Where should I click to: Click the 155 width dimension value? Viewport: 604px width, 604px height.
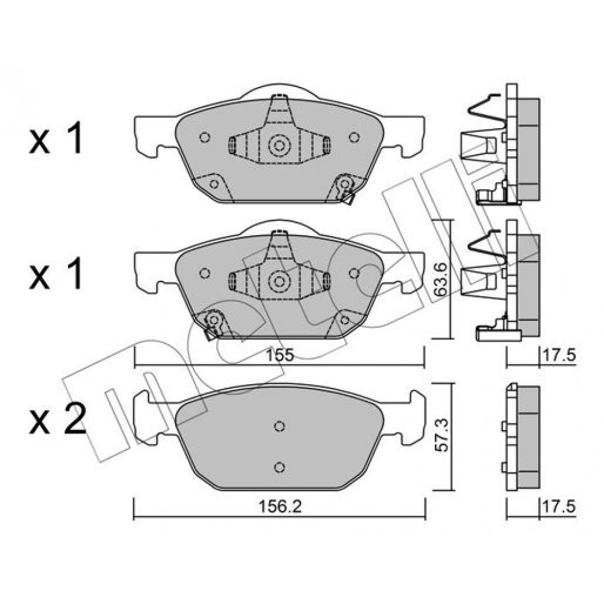pos(280,355)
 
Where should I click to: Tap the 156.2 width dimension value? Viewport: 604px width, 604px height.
pos(280,507)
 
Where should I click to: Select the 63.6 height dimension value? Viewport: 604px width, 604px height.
pos(440,279)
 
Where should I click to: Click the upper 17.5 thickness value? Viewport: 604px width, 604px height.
pos(559,355)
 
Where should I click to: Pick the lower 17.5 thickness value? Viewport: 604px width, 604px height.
pos(559,507)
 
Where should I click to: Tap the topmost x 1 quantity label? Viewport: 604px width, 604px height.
pos(56,139)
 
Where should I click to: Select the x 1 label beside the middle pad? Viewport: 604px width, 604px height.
pos(56,274)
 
